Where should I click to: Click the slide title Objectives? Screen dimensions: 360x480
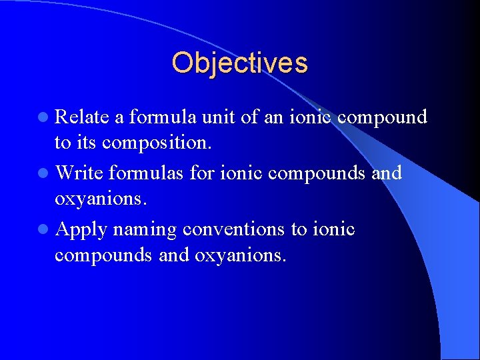tap(239, 63)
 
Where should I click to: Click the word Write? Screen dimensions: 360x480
tap(78, 173)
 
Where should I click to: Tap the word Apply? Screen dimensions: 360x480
tap(81, 230)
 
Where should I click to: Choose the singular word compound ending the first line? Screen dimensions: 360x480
tap(382, 117)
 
